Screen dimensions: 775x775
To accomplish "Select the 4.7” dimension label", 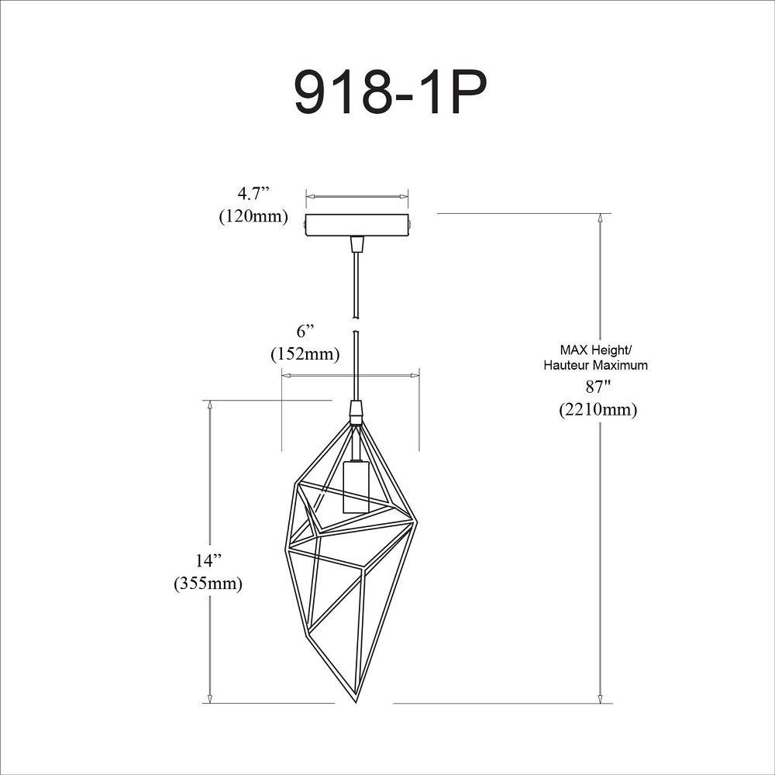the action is click(253, 193).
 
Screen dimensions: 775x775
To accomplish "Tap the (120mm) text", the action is click(253, 216).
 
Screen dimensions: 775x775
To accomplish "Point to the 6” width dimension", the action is click(306, 331).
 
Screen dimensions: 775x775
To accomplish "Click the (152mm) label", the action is click(305, 354).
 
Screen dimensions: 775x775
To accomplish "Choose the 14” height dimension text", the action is click(208, 560).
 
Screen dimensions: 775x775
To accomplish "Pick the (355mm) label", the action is click(208, 584).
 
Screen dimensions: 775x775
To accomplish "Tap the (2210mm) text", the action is click(598, 410).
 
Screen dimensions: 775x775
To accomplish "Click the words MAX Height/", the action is click(596, 350).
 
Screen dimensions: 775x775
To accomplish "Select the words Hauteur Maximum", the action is click(595, 366).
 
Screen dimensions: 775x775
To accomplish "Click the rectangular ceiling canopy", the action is click(358, 226).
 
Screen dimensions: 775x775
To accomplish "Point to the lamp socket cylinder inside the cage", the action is click(356, 487).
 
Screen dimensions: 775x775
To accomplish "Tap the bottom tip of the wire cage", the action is click(356, 704).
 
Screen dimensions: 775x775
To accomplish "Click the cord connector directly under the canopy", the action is click(356, 245).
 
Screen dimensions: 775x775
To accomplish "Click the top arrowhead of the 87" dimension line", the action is click(601, 219).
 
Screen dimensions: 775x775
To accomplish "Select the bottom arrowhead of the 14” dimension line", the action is click(210, 697).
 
